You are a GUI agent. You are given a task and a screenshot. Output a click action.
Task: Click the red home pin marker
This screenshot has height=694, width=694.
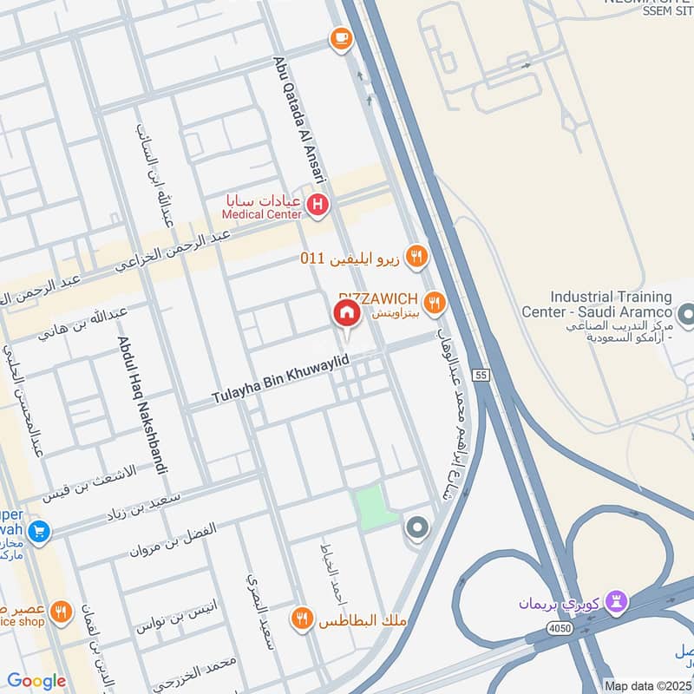tap(345, 315)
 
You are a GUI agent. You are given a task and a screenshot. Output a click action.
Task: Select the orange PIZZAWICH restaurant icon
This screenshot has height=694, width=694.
tap(435, 302)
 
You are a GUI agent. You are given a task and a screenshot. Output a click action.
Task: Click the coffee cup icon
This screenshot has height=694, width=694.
tap(339, 38)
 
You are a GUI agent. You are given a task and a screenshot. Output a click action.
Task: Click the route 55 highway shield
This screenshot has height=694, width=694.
tap(481, 374)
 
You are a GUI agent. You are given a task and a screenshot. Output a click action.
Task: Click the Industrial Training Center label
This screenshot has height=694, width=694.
tap(598, 304)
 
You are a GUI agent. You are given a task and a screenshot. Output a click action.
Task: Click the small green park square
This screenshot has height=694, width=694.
tap(373, 507)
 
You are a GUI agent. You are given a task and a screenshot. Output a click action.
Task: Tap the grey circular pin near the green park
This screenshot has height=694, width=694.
tap(417, 527)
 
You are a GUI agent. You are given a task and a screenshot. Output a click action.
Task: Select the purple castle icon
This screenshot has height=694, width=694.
tap(616, 600)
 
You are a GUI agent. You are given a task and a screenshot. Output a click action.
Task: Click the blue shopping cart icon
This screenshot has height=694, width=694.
tap(37, 531)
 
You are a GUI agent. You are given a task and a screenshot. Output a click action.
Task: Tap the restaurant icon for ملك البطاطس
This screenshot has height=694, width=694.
tap(302, 619)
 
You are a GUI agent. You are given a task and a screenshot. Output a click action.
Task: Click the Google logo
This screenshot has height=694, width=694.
tap(36, 681)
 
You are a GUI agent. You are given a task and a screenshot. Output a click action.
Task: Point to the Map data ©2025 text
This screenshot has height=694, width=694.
tap(648, 685)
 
